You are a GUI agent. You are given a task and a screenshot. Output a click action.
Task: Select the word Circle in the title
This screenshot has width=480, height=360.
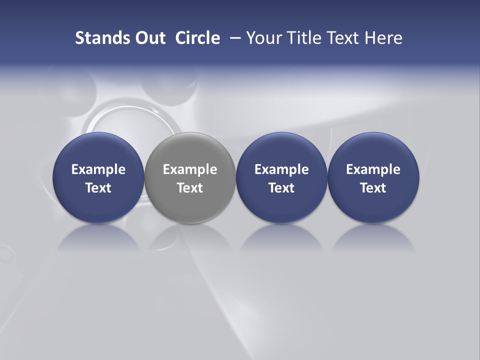coord(197,38)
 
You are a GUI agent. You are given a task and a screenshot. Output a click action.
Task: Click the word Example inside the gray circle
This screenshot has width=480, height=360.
coord(190,169)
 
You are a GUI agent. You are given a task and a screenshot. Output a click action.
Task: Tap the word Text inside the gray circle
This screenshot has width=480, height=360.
coord(190,188)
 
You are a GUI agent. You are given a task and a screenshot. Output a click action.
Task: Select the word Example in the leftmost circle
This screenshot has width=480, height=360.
coord(98,169)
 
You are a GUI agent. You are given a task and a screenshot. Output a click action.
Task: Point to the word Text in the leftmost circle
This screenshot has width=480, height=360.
coord(98,188)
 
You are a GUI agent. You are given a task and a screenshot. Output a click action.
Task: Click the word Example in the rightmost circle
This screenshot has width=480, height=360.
coord(373,169)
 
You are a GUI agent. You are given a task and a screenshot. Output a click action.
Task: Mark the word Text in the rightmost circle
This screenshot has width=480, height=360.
coord(373,188)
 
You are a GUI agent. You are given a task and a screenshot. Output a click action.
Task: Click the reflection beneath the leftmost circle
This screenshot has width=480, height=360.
coord(98,238)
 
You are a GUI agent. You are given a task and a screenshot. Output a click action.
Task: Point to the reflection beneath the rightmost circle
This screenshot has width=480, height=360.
coord(373,238)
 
